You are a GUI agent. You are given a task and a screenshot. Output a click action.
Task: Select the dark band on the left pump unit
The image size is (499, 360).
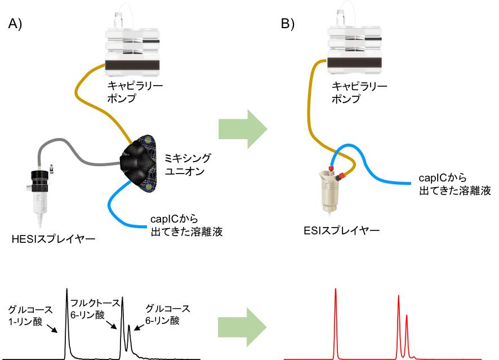[132, 66]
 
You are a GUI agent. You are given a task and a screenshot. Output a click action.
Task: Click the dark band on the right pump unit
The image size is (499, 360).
[354, 63]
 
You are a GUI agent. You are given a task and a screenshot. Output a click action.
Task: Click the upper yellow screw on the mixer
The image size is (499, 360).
[148, 140]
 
